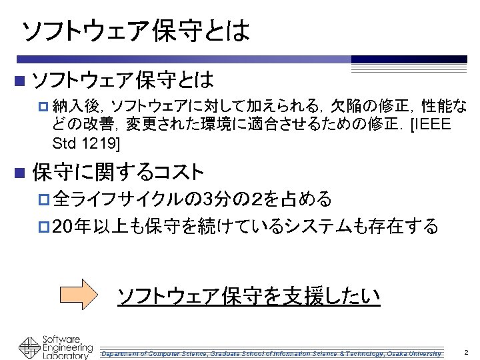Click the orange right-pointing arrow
[81, 295]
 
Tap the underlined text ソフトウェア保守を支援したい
[249, 295]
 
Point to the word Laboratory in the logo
[65, 356]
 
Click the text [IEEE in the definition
[432, 125]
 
